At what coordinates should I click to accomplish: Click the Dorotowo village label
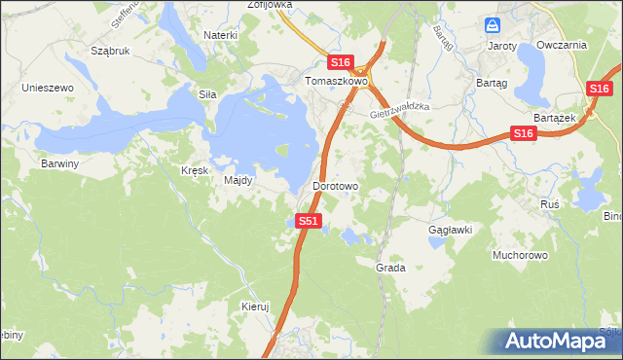[x=337, y=185]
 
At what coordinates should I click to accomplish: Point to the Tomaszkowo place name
[x=337, y=82]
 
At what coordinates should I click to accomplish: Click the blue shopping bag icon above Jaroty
[x=493, y=25]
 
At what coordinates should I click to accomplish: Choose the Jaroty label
[x=501, y=45]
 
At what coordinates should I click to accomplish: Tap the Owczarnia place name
[x=568, y=45]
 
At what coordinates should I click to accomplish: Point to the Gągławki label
[x=451, y=230]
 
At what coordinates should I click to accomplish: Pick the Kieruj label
[x=254, y=306]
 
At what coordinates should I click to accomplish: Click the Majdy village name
[x=238, y=181]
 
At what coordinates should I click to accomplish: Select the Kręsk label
[x=195, y=169]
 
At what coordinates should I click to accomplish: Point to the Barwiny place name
[x=59, y=163]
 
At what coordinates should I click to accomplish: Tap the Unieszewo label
[x=49, y=88]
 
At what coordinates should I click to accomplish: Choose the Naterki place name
[x=221, y=35]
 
